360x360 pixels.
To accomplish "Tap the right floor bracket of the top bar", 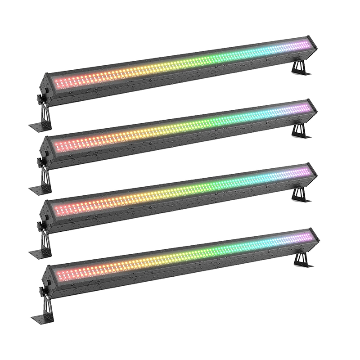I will (x=298, y=67).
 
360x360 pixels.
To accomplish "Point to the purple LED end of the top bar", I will (x=304, y=44).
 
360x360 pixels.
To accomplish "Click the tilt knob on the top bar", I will (x=39, y=97).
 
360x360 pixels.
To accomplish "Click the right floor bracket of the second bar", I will (x=298, y=130).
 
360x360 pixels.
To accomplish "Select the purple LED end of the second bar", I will (x=304, y=107).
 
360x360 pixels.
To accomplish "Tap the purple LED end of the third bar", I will (x=304, y=171).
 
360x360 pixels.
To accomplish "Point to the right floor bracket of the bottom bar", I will (x=300, y=259).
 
